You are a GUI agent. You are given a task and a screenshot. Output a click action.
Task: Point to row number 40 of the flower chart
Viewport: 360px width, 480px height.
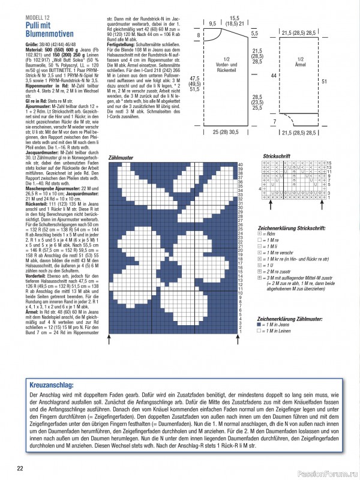(241, 164)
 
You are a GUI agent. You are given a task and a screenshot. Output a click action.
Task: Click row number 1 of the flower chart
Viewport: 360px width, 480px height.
(241, 331)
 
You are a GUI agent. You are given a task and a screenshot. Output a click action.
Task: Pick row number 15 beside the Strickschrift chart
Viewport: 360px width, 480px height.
(329, 163)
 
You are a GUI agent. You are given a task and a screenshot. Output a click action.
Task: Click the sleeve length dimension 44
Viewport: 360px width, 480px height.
(273, 76)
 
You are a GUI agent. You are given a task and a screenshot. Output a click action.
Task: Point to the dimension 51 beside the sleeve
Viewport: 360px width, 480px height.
(341, 81)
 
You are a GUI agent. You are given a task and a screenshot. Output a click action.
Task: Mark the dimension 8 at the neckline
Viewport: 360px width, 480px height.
(199, 36)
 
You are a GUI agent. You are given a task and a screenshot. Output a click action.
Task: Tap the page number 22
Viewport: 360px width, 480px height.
(20, 469)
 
